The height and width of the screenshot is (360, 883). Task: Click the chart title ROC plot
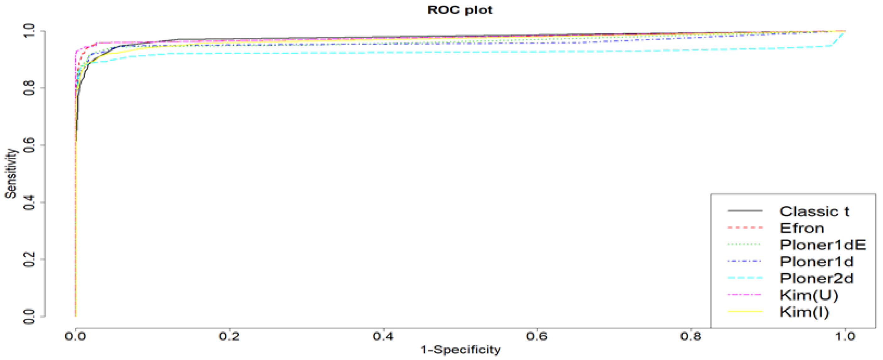coord(460,10)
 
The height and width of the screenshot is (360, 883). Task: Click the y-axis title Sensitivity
coord(11,173)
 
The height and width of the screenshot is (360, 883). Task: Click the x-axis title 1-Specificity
coord(460,350)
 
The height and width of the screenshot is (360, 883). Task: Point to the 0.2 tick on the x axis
coord(229,336)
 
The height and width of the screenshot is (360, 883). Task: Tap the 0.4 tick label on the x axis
coord(383,336)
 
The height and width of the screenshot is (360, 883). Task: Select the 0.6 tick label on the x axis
coord(537,336)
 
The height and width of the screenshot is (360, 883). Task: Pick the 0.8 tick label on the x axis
coord(691,336)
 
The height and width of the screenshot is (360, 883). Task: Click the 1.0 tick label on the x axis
coord(845,336)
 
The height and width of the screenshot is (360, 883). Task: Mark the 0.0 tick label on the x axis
coord(75,336)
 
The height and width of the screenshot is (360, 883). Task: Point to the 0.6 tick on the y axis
coord(29,145)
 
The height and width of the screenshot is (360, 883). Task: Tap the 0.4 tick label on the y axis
coord(29,202)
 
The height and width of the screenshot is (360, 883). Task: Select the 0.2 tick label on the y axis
coord(29,259)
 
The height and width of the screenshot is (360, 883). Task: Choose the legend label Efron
coord(802,228)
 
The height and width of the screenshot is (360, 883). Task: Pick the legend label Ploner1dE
coord(823,245)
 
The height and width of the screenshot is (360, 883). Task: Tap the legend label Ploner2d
coord(816,278)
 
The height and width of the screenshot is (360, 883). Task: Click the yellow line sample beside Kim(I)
coord(745,312)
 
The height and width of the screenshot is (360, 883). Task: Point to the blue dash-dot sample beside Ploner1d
coord(745,262)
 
